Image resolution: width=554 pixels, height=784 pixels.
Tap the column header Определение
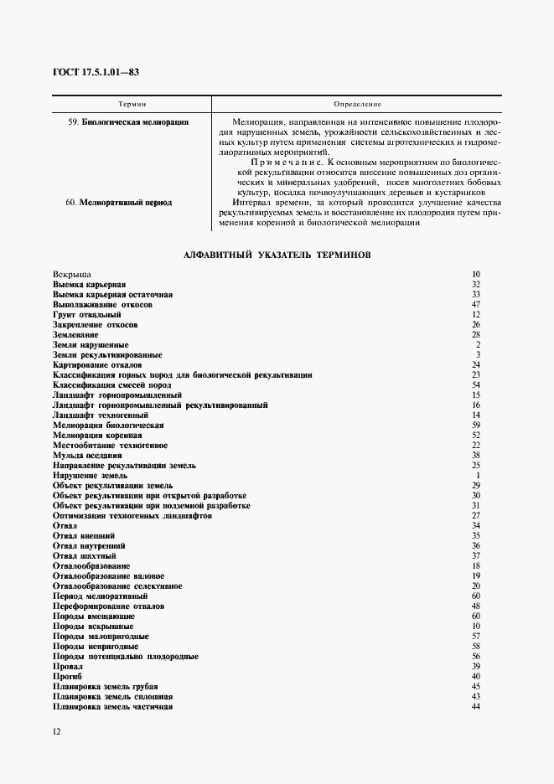[357, 104]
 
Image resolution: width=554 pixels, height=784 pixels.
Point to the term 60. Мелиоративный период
[122, 203]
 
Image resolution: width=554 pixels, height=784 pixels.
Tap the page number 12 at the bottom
[55, 731]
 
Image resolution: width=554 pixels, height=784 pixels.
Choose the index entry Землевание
[75, 334]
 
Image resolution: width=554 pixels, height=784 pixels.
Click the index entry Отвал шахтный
[84, 555]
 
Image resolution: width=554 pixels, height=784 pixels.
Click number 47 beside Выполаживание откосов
[475, 304]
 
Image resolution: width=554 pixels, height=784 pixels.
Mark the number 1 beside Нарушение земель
[477, 475]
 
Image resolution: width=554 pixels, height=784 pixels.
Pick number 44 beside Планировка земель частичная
[475, 706]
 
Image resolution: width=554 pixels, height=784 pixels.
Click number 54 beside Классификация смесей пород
[475, 384]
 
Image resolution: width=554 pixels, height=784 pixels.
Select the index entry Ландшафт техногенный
[101, 415]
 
